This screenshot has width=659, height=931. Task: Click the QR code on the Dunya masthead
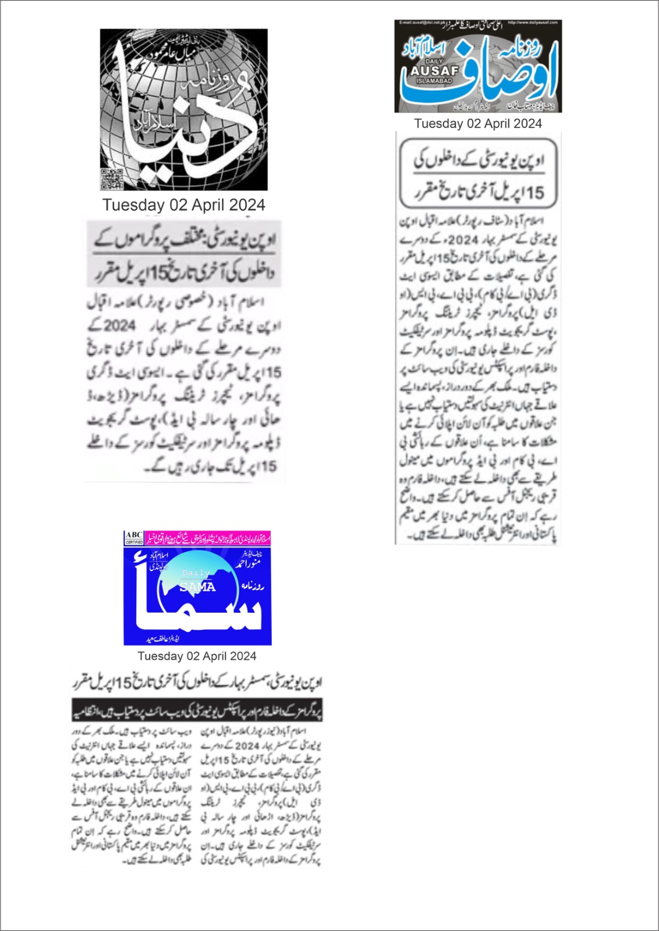[x=112, y=178]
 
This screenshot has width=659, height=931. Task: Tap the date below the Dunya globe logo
[x=183, y=205]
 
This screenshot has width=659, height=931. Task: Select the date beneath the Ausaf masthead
[x=478, y=123]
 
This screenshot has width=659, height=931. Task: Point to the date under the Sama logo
[x=197, y=656]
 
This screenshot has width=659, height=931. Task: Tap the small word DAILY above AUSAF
[x=434, y=61]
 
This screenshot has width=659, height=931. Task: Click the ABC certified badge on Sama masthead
[x=134, y=538]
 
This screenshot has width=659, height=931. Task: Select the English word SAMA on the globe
[x=197, y=587]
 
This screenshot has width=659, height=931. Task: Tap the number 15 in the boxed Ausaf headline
[x=534, y=193]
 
